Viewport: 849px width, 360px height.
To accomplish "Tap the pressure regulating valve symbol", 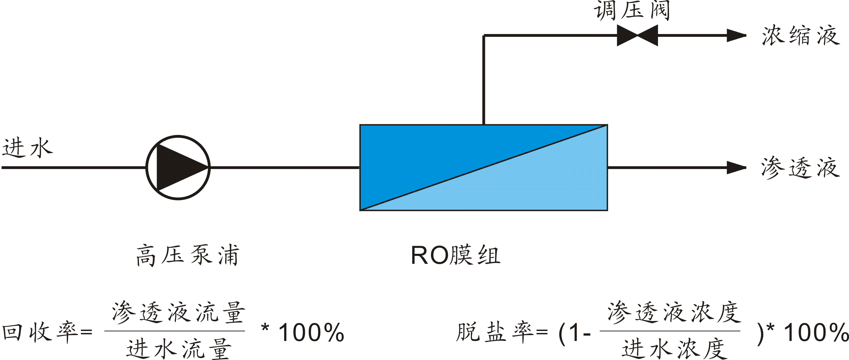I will tap(637, 35).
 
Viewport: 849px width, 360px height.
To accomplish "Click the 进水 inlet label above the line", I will tap(27, 148).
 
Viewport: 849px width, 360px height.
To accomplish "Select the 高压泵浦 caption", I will tap(188, 255).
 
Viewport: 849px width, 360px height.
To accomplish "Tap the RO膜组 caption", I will tap(455, 255).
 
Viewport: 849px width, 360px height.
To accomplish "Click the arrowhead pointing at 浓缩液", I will tap(736, 35).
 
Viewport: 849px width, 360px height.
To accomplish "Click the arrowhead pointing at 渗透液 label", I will tap(736, 168).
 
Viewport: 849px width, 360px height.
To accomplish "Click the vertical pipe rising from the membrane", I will tap(484, 80).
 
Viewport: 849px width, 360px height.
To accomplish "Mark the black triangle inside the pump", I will tap(177, 167).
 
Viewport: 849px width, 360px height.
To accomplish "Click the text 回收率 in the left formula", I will tap(40, 332).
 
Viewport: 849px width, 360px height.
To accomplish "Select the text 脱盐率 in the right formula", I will tap(494, 332).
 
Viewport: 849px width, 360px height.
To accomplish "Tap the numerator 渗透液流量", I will tap(178, 313).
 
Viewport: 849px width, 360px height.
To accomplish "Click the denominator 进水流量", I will tap(178, 349).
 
